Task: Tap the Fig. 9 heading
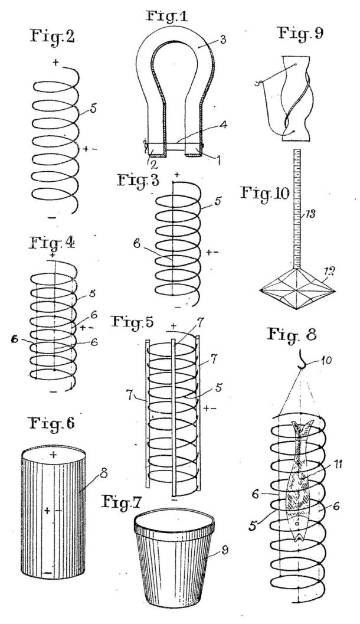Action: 300,33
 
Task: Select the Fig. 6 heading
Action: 53,423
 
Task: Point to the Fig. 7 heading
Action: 122,502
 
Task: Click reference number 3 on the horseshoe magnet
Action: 222,40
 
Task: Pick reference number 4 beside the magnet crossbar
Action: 223,125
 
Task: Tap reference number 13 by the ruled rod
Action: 310,215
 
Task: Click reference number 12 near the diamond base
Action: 330,272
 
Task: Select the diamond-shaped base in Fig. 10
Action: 297,289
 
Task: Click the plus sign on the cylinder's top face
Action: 53,455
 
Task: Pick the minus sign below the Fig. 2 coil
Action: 52,218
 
